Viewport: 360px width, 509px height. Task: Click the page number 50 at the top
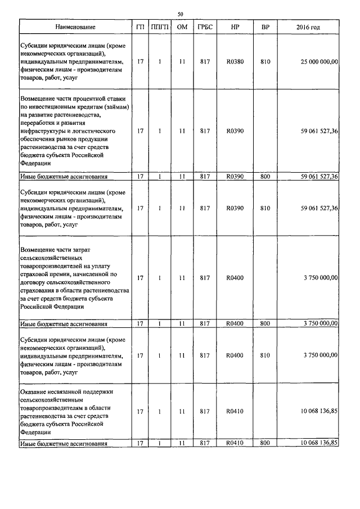[x=181, y=14]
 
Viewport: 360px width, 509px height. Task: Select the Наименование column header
[x=75, y=27]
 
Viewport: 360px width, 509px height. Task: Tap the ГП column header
[x=140, y=27]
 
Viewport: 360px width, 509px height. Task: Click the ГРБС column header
[x=205, y=27]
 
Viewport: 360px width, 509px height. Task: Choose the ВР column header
[x=265, y=27]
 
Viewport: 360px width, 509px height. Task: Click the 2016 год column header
[x=308, y=27]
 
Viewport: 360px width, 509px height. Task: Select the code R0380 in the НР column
[x=235, y=62]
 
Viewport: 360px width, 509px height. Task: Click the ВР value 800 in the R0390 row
[x=265, y=177]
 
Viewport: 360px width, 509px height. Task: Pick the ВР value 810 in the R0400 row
[x=265, y=355]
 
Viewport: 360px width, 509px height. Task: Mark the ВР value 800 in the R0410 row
[x=265, y=444]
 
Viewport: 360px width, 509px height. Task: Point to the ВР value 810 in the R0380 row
[x=265, y=62]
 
